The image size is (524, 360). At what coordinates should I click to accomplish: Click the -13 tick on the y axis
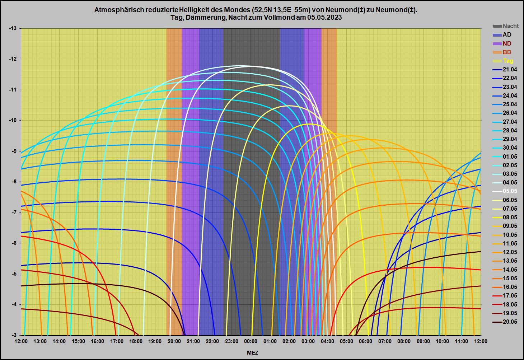coord(13,28)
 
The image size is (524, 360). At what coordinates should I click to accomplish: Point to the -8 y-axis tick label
coord(14,182)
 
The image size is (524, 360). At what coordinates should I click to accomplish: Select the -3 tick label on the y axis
coord(14,335)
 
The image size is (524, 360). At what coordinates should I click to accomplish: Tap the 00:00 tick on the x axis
coord(251,341)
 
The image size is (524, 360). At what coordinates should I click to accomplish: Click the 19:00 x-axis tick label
coord(155,341)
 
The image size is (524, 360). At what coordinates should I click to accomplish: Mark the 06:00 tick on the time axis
coord(365,341)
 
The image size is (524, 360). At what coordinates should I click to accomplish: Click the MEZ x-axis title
coord(252,353)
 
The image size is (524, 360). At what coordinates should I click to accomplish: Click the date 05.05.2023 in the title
coord(324,17)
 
